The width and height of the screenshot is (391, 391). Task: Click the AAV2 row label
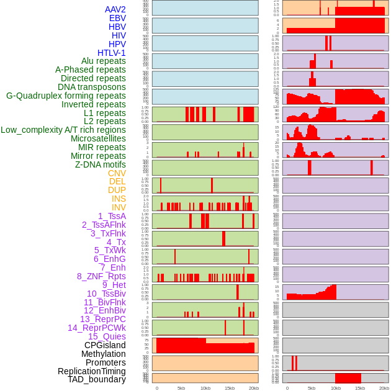(x=115, y=9)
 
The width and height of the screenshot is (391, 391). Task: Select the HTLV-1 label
(x=111, y=53)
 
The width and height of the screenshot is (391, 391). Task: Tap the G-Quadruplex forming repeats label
(x=66, y=96)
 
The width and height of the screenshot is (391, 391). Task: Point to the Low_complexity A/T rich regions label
(x=63, y=130)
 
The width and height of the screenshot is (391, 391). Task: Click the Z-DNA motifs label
(x=100, y=164)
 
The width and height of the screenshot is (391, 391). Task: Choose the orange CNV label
(x=117, y=173)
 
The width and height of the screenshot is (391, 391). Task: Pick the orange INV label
(x=118, y=207)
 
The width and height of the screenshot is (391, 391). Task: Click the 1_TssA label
(x=112, y=216)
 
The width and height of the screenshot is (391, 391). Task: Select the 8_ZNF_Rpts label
(x=101, y=276)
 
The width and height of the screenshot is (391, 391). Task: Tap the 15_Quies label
(x=107, y=336)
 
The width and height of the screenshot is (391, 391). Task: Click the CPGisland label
(x=105, y=345)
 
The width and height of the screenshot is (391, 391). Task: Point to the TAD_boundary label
(x=97, y=379)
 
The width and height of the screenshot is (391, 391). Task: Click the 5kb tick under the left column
(x=181, y=388)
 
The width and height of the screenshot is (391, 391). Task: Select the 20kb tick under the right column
(x=384, y=388)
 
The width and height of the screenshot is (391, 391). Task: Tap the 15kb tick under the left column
(x=230, y=388)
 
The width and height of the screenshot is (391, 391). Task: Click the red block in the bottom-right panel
(x=348, y=377)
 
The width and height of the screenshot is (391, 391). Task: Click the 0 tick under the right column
(x=287, y=388)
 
